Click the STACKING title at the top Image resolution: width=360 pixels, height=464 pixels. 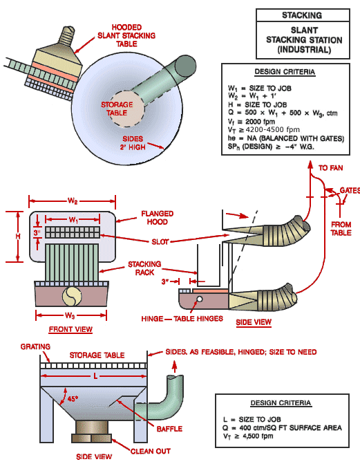302,15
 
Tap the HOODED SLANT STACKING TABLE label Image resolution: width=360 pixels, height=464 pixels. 126,35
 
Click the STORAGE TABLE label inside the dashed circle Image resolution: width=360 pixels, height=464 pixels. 117,109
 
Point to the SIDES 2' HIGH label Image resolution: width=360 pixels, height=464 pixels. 133,142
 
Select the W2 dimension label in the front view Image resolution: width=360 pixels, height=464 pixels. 73,201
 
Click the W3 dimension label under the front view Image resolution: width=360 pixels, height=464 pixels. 70,315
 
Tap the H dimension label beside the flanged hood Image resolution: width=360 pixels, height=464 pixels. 18,236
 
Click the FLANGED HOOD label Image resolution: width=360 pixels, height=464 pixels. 157,218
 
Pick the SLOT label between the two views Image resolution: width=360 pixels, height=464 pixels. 160,242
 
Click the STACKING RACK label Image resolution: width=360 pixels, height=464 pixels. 144,268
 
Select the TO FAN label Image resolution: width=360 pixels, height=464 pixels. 331,168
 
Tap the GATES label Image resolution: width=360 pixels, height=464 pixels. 350,190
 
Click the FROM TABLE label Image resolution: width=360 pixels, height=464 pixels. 341,229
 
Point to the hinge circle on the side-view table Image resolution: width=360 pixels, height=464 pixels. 200,299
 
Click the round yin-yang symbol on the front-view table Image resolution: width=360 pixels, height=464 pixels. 72,296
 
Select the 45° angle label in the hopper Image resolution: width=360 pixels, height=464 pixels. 73,398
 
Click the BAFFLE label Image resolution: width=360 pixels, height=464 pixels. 169,429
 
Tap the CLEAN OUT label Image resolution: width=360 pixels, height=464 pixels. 150,452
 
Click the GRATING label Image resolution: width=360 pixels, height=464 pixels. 35,346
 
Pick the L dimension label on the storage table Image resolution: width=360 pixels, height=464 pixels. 95,376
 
